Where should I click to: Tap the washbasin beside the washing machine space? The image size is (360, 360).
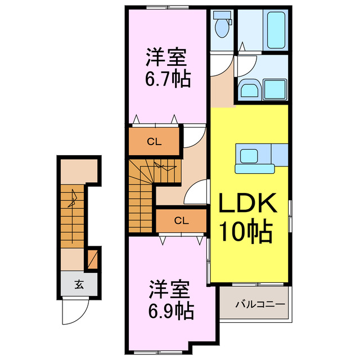click(248, 89)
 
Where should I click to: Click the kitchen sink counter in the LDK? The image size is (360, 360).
click(256, 159)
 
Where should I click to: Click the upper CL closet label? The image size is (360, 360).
click(154, 142)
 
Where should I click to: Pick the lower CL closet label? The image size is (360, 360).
click(181, 220)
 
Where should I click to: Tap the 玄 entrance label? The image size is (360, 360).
click(78, 284)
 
